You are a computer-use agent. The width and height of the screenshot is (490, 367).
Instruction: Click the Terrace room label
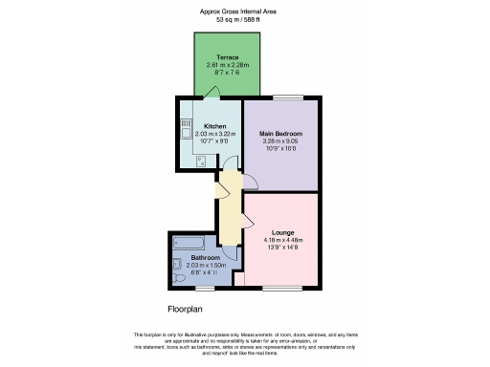[x=227, y=57]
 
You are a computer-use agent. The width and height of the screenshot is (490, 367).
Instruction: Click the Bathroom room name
[x=205, y=258]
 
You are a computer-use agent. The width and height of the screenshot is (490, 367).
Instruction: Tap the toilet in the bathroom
[x=179, y=277]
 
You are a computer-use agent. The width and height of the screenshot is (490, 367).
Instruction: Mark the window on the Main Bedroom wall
[x=287, y=97]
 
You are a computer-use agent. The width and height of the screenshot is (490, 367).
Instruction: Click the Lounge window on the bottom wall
[x=281, y=287]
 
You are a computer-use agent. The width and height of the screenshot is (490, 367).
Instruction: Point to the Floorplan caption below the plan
[x=188, y=310]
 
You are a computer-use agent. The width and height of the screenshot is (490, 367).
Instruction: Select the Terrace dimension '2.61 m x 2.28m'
[x=227, y=65]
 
